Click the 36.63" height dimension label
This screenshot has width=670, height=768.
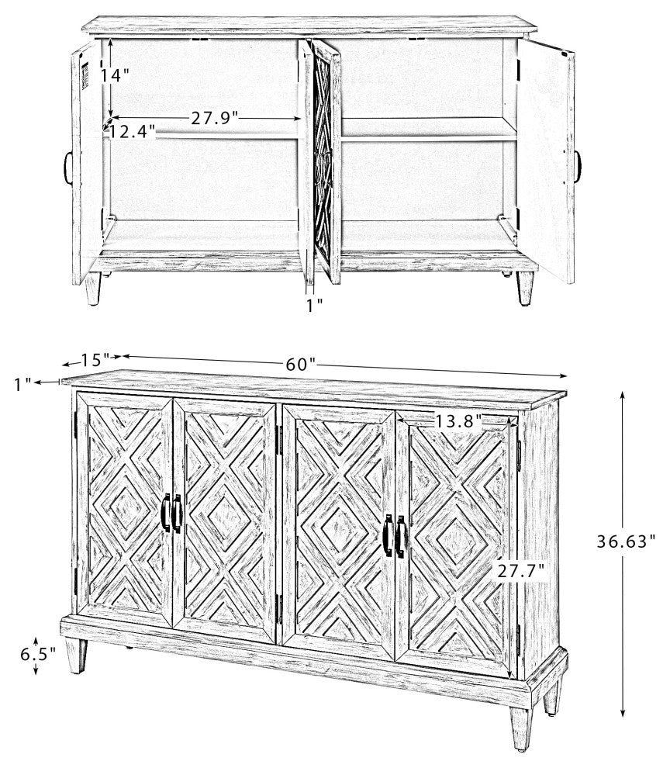(x=627, y=541)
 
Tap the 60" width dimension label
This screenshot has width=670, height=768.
(x=300, y=363)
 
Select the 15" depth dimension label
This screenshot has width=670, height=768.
(x=92, y=360)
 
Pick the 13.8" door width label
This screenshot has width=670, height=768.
(x=458, y=421)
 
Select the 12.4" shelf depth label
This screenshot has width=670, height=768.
(x=131, y=131)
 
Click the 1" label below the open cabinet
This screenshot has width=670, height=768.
(x=314, y=305)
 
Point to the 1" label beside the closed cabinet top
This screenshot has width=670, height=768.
(x=22, y=382)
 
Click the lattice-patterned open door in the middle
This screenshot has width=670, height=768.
(x=323, y=163)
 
